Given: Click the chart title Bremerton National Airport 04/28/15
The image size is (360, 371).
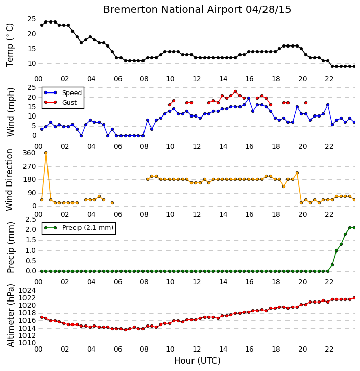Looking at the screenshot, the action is pos(197,10).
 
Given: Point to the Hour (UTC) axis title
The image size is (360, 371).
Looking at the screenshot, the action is pos(197,361).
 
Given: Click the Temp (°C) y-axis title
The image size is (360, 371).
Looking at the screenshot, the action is pos(10,45).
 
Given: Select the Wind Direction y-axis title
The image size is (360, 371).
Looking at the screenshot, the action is pos(9,179).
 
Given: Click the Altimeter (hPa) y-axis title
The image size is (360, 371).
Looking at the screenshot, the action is pos(10,316).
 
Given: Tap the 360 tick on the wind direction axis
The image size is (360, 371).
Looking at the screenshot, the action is pos(29,153).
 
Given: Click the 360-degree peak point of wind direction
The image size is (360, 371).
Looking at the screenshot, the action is pos(46,153).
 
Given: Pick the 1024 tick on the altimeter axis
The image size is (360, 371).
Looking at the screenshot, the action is pos(27,290).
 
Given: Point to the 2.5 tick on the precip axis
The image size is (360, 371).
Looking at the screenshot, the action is pos(31,220).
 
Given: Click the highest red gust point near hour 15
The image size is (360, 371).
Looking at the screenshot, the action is pos(235,91).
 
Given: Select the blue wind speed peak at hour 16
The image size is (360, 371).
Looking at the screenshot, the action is pos(249,98).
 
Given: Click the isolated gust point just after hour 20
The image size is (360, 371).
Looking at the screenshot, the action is pos(306,103).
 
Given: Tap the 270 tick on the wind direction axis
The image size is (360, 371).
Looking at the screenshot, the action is pos(29,166).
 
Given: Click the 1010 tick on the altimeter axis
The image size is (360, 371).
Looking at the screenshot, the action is pos(27,343).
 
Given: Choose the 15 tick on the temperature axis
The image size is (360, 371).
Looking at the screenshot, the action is pos(32,49).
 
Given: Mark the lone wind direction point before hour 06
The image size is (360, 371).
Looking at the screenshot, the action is pos(112,203).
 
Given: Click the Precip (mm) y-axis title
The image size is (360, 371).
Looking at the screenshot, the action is pos(10,247).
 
